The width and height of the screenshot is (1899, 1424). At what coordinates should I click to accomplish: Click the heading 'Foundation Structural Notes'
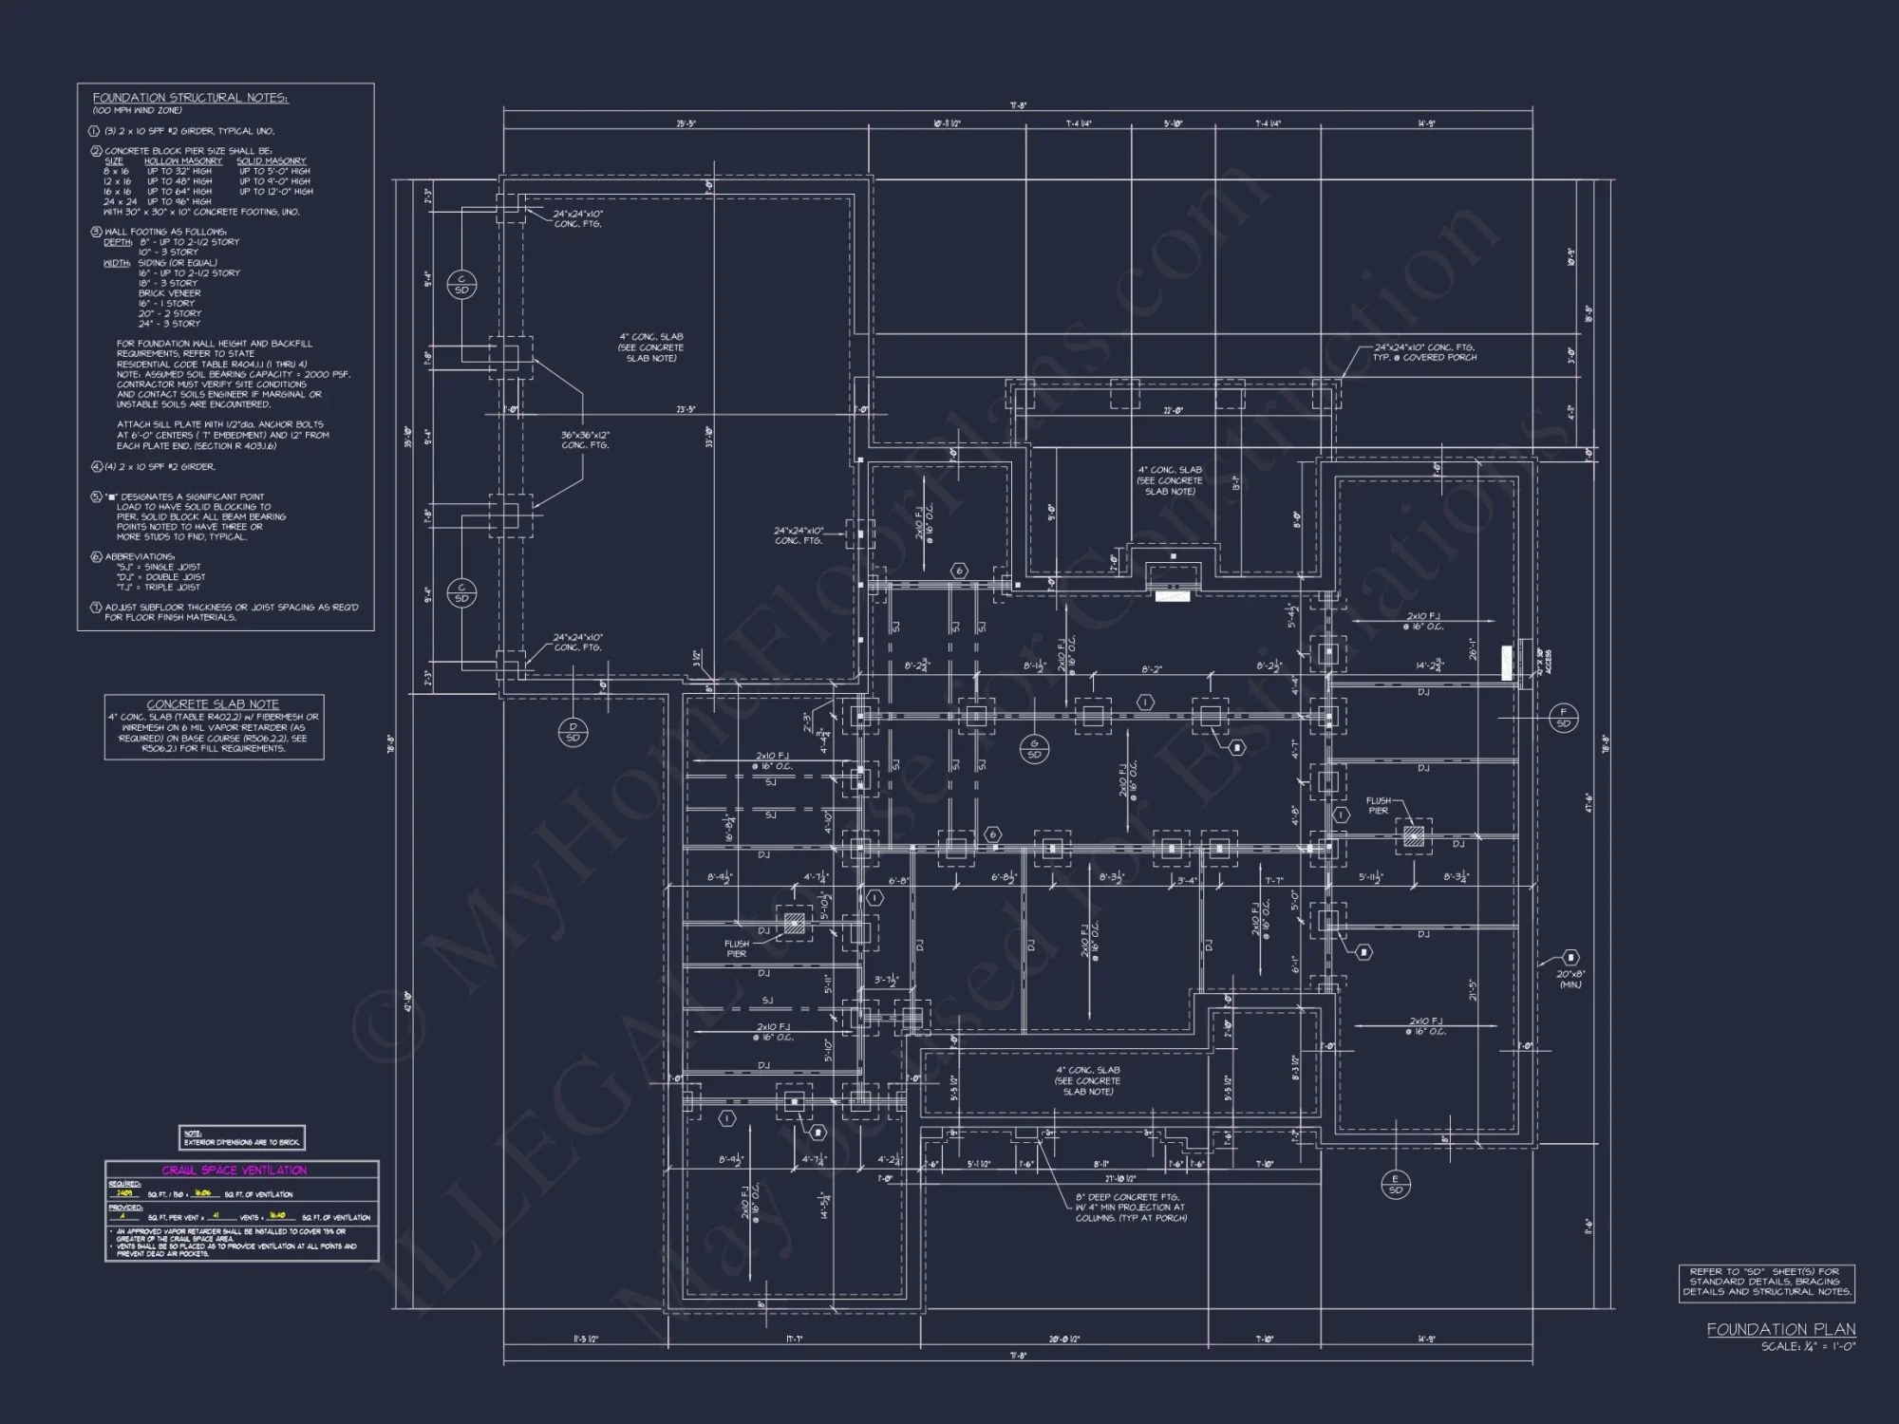coord(190,98)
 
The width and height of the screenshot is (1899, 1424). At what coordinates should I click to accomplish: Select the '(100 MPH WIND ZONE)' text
coord(137,111)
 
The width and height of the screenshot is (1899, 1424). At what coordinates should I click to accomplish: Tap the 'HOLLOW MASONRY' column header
coord(183,161)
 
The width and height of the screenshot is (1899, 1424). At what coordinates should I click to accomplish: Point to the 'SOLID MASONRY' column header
coord(272,161)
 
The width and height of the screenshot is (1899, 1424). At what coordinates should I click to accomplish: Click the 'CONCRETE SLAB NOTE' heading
coord(213,704)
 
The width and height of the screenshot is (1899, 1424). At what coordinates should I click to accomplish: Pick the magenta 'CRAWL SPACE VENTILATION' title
coord(234,1171)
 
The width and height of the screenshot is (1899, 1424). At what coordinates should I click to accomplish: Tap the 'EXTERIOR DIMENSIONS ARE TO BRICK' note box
coord(242,1138)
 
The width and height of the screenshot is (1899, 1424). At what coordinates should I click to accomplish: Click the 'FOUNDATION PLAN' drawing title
coord(1780,1329)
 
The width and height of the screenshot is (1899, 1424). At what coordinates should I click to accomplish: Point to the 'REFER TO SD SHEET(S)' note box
coord(1766,1282)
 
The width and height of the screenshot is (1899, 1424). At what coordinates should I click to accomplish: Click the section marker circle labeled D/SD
coord(573,732)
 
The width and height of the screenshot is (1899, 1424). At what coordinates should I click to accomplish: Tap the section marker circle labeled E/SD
coord(1395,1184)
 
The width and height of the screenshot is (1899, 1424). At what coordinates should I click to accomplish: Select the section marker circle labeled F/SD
coord(1563,718)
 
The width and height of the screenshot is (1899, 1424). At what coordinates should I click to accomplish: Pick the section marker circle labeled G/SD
coord(1034,749)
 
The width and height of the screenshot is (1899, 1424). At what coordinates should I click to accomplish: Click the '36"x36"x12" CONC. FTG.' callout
coord(585,440)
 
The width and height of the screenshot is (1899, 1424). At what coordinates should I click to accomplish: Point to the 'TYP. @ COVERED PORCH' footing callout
coord(1424,352)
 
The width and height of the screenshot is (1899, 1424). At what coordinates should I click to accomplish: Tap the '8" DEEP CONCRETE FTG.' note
coord(1130,1208)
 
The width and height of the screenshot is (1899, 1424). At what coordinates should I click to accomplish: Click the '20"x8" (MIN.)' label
coord(1570,980)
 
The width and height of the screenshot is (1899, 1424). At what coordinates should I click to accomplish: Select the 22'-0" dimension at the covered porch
coord(1174,410)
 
